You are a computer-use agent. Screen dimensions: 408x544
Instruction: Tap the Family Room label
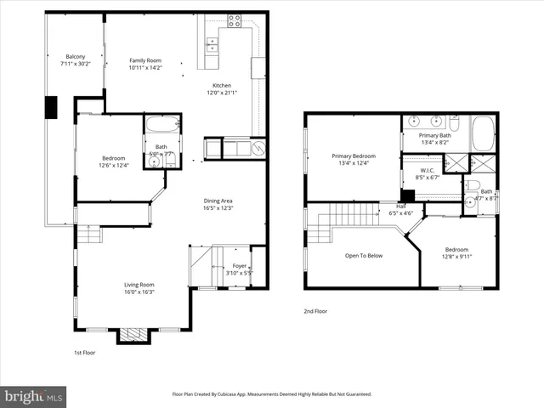click(144, 60)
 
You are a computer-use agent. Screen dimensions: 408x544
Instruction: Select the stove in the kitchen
click(234, 19)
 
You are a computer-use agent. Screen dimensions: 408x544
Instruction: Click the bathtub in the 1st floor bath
click(161, 126)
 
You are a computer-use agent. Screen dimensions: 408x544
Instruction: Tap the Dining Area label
click(218, 200)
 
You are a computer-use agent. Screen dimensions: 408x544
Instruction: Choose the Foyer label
click(240, 266)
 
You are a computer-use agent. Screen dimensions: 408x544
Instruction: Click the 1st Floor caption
click(84, 352)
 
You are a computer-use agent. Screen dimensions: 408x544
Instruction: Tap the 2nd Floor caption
click(315, 311)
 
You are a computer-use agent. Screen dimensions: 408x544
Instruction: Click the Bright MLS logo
click(34, 397)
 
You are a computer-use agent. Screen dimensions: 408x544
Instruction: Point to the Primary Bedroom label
click(353, 156)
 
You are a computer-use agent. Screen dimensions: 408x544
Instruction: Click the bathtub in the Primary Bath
click(483, 134)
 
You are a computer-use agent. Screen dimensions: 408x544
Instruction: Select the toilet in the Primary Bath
click(455, 127)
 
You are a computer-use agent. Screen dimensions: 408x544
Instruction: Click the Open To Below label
click(363, 255)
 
